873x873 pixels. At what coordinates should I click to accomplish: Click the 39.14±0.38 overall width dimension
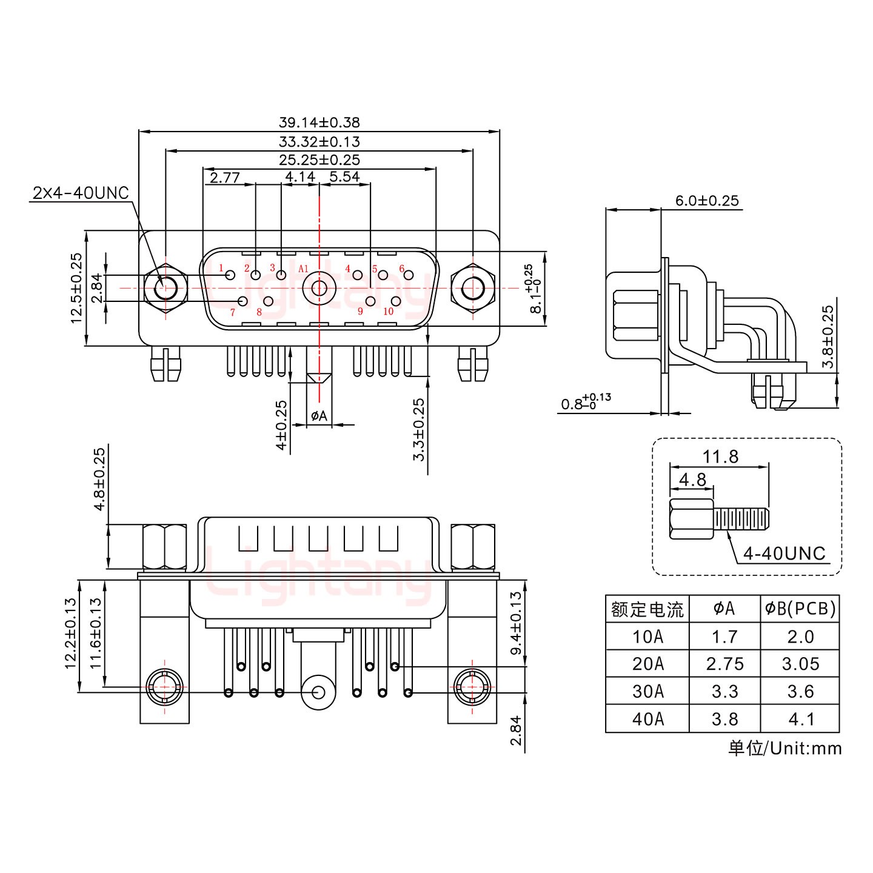pyautogui.click(x=319, y=122)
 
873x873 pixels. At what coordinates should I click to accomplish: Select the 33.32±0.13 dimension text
pyautogui.click(x=319, y=142)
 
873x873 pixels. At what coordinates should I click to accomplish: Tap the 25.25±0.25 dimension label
pyautogui.click(x=319, y=160)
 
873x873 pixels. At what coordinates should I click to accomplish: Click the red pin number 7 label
pyautogui.click(x=232, y=313)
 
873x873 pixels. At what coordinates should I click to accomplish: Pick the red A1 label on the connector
pyautogui.click(x=304, y=269)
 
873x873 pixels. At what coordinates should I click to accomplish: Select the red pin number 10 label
pyautogui.click(x=388, y=312)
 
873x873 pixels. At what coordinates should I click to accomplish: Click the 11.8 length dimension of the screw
pyautogui.click(x=720, y=457)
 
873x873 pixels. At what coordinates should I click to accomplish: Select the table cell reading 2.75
pyautogui.click(x=724, y=664)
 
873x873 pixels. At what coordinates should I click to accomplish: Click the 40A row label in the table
pyautogui.click(x=647, y=719)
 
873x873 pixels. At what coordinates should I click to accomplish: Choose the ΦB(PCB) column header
pyautogui.click(x=800, y=609)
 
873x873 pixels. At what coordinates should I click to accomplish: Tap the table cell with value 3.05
pyautogui.click(x=800, y=664)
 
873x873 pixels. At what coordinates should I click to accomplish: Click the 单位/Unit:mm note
pyautogui.click(x=785, y=748)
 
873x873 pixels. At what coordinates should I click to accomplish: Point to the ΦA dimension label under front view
pyautogui.click(x=319, y=416)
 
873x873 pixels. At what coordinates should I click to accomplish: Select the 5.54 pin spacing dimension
pyautogui.click(x=344, y=177)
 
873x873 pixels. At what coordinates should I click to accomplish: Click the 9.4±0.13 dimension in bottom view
pyautogui.click(x=516, y=623)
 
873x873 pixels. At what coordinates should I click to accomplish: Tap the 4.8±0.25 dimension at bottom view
pyautogui.click(x=99, y=480)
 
